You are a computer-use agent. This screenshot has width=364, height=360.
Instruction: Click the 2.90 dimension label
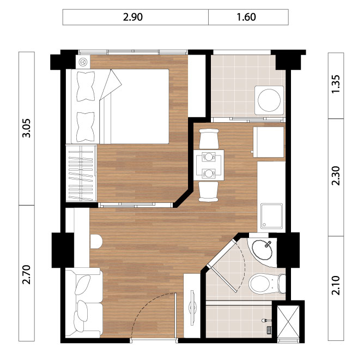pyautogui.click(x=133, y=17)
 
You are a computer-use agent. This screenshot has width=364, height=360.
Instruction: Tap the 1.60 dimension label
pyautogui.click(x=246, y=17)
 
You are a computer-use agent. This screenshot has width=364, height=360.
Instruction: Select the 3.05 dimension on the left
pyautogui.click(x=27, y=128)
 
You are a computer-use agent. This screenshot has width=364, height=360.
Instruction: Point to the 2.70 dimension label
pyautogui.click(x=27, y=274)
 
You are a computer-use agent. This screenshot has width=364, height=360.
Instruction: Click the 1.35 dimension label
pyautogui.click(x=336, y=84)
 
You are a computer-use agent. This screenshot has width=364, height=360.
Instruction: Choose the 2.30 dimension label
pyautogui.click(x=336, y=176)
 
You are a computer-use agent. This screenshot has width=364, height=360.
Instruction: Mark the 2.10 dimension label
pyautogui.click(x=336, y=285)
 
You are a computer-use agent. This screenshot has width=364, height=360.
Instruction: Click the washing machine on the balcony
pyautogui.click(x=269, y=100)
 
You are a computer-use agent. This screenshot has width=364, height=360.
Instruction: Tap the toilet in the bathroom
pyautogui.click(x=267, y=284)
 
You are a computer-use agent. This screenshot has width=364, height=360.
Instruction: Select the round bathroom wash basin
pyautogui.click(x=262, y=250)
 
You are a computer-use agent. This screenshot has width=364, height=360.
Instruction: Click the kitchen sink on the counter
pyautogui.click(x=271, y=216)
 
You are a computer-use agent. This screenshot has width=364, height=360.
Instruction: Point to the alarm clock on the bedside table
pyautogui.click(x=83, y=62)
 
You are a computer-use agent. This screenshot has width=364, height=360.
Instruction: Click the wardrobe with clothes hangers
pyautogui.click(x=81, y=173)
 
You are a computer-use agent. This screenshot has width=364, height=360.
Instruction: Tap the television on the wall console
pyautogui.click(x=192, y=308)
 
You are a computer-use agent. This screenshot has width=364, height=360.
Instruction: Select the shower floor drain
pyautogui.click(x=269, y=330)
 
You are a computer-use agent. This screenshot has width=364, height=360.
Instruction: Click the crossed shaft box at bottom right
pyautogui.click(x=289, y=321)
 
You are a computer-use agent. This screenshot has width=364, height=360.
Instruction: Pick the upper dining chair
pyautogui.click(x=209, y=139)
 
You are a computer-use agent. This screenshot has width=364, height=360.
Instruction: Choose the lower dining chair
pyautogui.click(x=209, y=191)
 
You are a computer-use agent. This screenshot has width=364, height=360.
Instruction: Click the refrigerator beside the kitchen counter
pyautogui.click(x=269, y=142)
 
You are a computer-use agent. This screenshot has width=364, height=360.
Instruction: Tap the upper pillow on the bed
pyautogui.click(x=86, y=87)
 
